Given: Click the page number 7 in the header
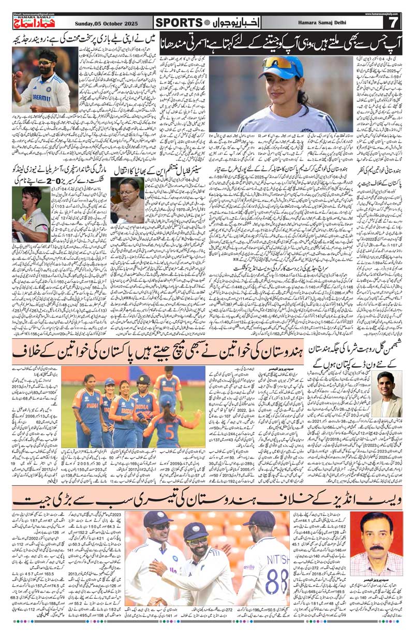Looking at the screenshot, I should coord(393,22).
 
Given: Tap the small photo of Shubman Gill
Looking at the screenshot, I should coord(386,394).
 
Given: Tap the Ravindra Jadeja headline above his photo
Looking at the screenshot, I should coord(83,38).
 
